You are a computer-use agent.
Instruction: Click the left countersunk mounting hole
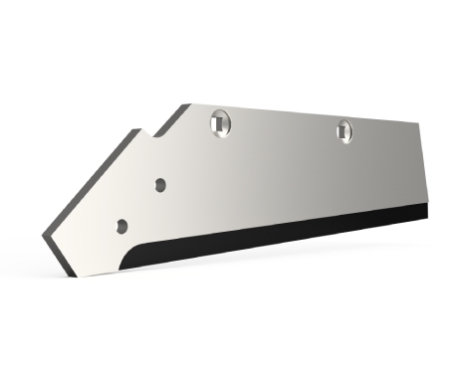click(220, 123)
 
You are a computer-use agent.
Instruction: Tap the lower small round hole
click(121, 226)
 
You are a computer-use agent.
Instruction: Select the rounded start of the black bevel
click(139, 250)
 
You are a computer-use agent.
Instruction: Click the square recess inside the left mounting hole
click(220, 124)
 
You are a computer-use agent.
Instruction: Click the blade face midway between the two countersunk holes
click(283, 129)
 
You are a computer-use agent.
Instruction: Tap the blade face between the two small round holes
click(140, 205)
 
